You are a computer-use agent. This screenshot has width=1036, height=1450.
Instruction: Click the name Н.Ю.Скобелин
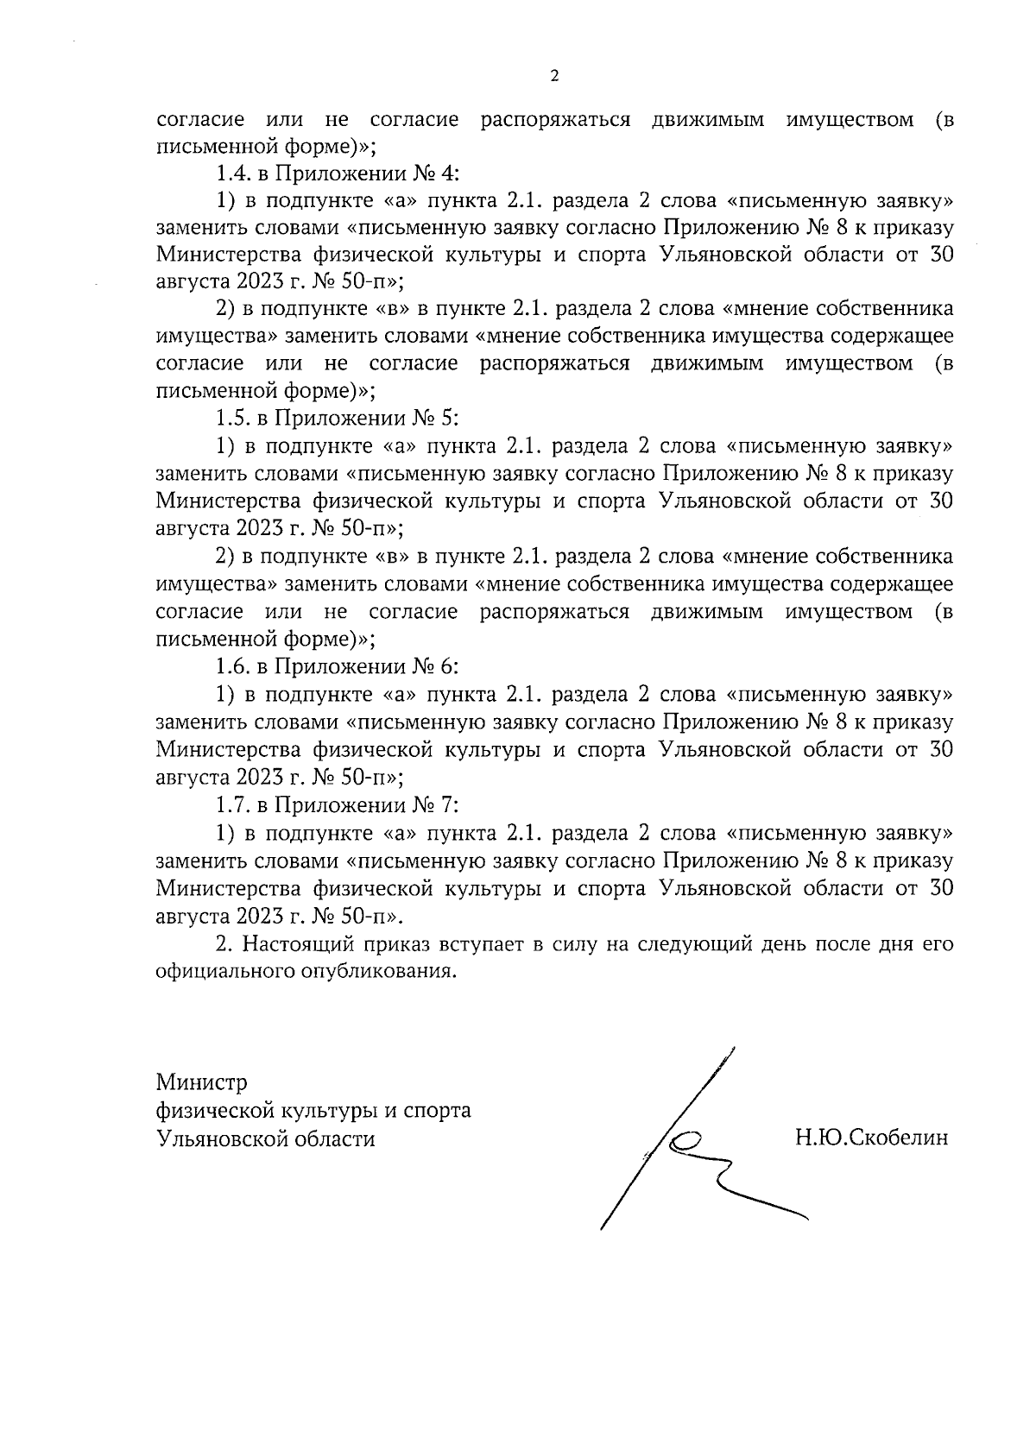click(871, 1138)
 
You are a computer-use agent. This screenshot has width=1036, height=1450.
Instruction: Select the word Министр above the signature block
click(201, 1082)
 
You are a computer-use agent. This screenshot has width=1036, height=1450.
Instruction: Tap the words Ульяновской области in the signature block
click(265, 1138)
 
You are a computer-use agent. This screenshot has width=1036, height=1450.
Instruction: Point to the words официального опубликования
click(304, 972)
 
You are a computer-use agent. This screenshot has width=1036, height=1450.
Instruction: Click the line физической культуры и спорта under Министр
click(313, 1110)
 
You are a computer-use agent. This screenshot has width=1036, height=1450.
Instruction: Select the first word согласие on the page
click(199, 119)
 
